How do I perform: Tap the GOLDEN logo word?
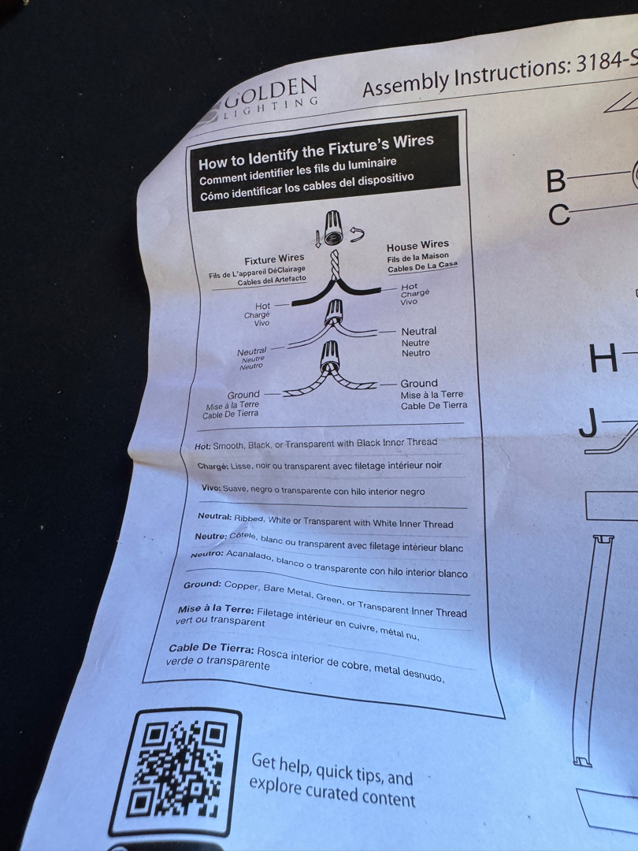pos(272,91)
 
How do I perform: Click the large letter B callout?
pos(556,180)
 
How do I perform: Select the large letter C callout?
pos(558,215)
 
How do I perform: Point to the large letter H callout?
pos(603,358)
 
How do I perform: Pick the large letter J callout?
pos(589,423)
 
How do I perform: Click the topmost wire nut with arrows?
pos(332,228)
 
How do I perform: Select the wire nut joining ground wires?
pos(329,355)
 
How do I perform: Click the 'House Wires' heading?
pos(417,245)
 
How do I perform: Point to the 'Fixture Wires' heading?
pos(274,259)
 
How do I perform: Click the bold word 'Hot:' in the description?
pos(202,447)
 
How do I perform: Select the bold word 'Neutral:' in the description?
pos(214,516)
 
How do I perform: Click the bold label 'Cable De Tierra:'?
pos(211,648)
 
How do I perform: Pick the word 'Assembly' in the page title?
pos(406,83)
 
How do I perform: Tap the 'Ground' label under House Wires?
pos(419,383)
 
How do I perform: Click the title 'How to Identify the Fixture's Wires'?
pos(316,151)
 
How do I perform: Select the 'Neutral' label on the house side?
pos(419,331)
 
